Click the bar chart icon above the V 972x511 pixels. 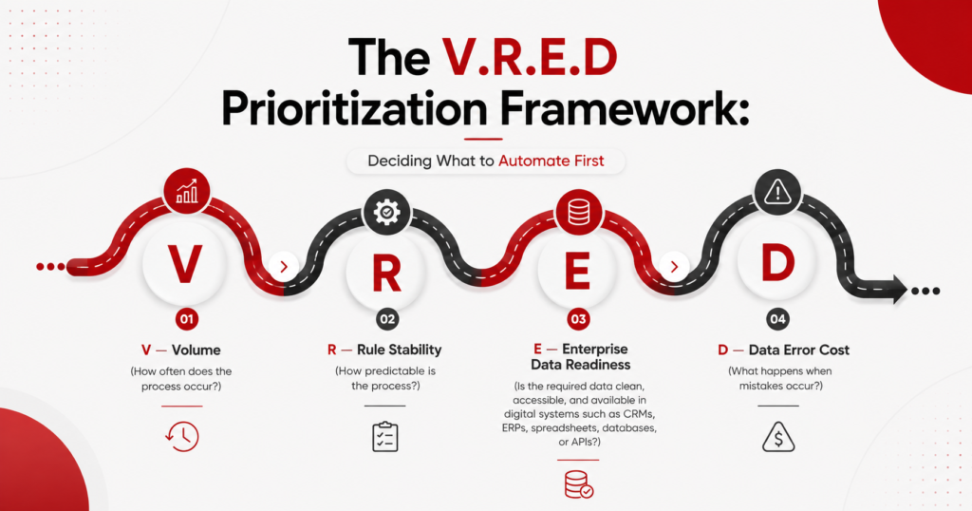click(187, 192)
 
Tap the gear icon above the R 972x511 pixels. click(386, 212)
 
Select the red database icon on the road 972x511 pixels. click(578, 212)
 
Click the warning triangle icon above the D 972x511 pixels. click(777, 192)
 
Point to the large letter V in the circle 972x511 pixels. click(185, 264)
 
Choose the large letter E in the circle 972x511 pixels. click(578, 272)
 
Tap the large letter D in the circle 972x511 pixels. click(777, 263)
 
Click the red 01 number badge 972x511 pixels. click(187, 319)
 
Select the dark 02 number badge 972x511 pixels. click(387, 319)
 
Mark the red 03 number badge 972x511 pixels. click(578, 319)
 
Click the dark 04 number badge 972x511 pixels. click(777, 319)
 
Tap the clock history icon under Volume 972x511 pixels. click(182, 436)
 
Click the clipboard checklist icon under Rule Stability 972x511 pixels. click(385, 437)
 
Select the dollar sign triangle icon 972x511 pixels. click(778, 437)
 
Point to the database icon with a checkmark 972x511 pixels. click(579, 484)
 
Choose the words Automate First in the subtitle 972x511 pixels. click(551, 161)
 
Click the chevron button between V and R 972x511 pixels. click(284, 267)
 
